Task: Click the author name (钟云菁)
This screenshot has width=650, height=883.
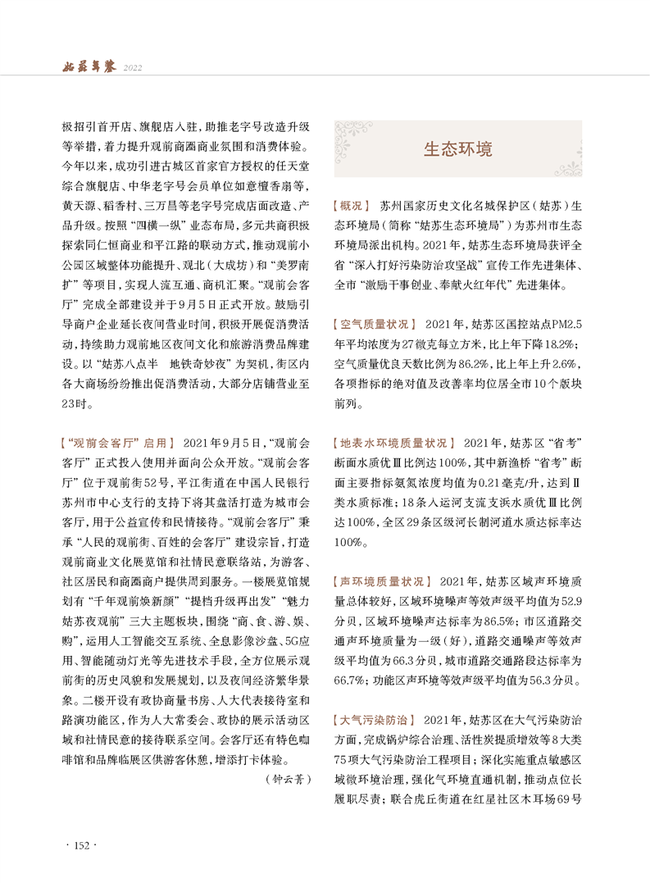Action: [290, 779]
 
